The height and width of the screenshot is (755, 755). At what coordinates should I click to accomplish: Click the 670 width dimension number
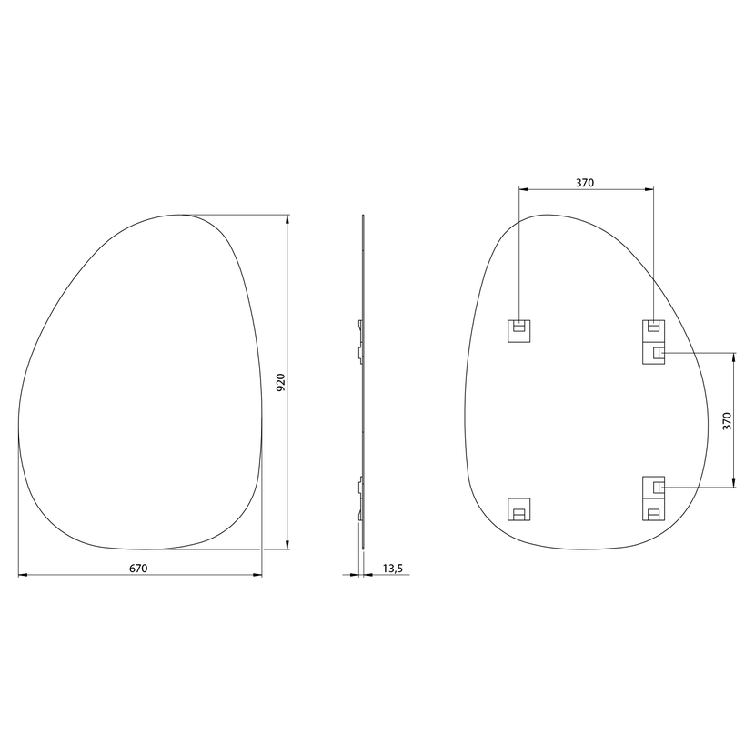click(138, 569)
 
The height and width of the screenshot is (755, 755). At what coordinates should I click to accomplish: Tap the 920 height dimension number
click(281, 382)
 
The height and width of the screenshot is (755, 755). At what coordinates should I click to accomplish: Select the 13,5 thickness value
click(392, 569)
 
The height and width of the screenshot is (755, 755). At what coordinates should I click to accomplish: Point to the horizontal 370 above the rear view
click(585, 183)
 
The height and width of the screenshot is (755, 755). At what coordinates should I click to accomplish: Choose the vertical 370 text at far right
click(727, 421)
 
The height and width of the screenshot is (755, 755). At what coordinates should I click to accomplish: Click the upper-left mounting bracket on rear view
click(519, 331)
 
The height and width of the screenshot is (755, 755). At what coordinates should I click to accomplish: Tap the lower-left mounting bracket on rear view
click(519, 509)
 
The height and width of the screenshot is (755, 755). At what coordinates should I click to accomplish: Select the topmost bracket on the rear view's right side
click(653, 331)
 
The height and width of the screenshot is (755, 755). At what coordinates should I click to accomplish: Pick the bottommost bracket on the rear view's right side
click(653, 509)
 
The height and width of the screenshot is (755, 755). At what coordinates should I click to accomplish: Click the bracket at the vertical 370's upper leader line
click(653, 354)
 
